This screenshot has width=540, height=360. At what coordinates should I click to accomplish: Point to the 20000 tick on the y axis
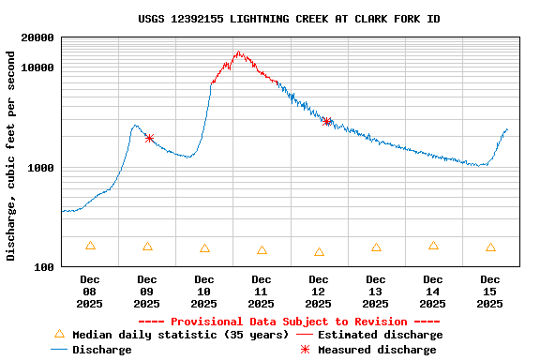[37, 37]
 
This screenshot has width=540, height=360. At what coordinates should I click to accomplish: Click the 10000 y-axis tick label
[37, 67]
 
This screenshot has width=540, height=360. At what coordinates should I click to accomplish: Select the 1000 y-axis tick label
[41, 168]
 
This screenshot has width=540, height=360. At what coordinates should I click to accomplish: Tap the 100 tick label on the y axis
[44, 267]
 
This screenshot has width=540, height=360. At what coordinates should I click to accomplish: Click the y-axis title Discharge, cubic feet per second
[10, 156]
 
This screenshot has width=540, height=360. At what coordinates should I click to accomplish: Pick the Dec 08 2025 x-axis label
[89, 291]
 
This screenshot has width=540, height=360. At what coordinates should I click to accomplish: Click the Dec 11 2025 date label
[261, 291]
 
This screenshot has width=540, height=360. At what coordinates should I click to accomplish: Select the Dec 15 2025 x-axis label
[489, 291]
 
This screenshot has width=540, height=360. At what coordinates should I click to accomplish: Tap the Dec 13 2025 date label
[375, 291]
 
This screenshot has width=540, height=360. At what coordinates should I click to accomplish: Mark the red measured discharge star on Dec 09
[149, 138]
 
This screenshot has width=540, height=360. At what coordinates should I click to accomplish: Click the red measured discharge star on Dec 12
[327, 121]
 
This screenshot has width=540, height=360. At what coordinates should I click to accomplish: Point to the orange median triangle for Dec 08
[90, 246]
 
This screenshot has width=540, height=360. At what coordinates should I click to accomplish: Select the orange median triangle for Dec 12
[319, 252]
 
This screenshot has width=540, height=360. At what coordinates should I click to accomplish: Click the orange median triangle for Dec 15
[490, 247]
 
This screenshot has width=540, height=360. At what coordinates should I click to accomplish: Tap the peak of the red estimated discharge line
[238, 52]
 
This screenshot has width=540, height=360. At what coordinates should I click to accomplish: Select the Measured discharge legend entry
[376, 350]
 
